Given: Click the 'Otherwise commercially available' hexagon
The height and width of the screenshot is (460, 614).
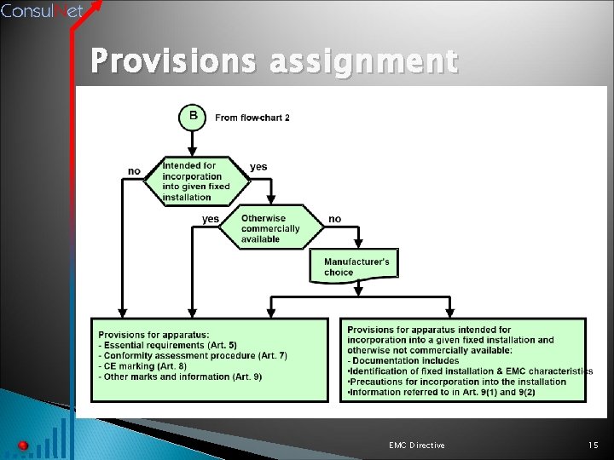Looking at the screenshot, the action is pos(270,229).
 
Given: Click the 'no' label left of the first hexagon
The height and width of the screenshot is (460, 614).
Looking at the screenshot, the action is pos(134,171).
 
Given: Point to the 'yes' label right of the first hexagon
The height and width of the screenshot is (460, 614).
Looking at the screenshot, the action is pos(258,167).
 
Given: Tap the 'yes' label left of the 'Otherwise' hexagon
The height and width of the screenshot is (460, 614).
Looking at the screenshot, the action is pos(210,219).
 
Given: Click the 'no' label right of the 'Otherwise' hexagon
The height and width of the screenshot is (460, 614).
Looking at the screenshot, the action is pos(334,219).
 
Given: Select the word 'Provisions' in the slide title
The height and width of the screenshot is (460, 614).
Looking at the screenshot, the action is pos(174,62).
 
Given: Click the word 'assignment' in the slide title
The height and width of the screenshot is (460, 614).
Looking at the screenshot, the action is pos(364,64).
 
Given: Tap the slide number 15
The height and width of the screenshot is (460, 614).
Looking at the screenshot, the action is pos(594,446).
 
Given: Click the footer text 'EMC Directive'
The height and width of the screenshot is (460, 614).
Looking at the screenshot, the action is pos(415,446).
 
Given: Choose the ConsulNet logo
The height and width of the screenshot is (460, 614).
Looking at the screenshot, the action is pos(42,10).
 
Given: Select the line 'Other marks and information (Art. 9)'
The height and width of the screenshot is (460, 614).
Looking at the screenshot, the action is pos(180,377).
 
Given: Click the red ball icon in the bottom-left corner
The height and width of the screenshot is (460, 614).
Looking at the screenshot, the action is pos(23,446).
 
